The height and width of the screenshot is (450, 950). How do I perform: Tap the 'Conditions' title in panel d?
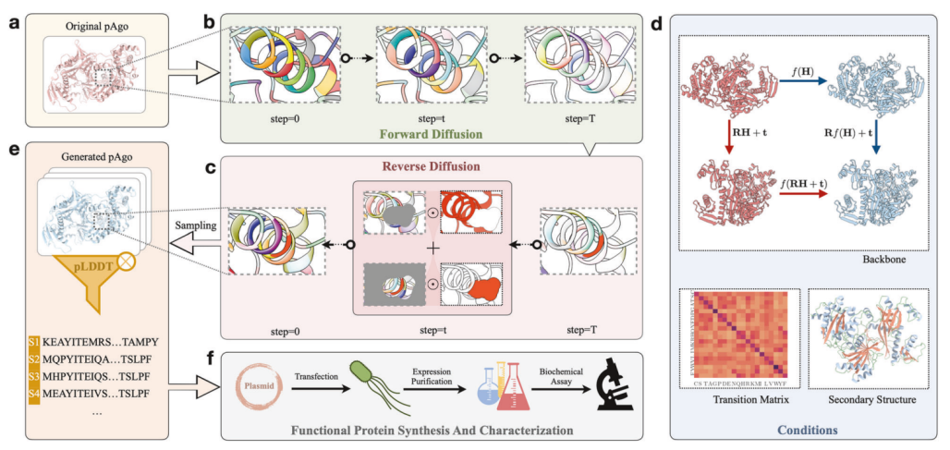(x=800, y=430)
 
